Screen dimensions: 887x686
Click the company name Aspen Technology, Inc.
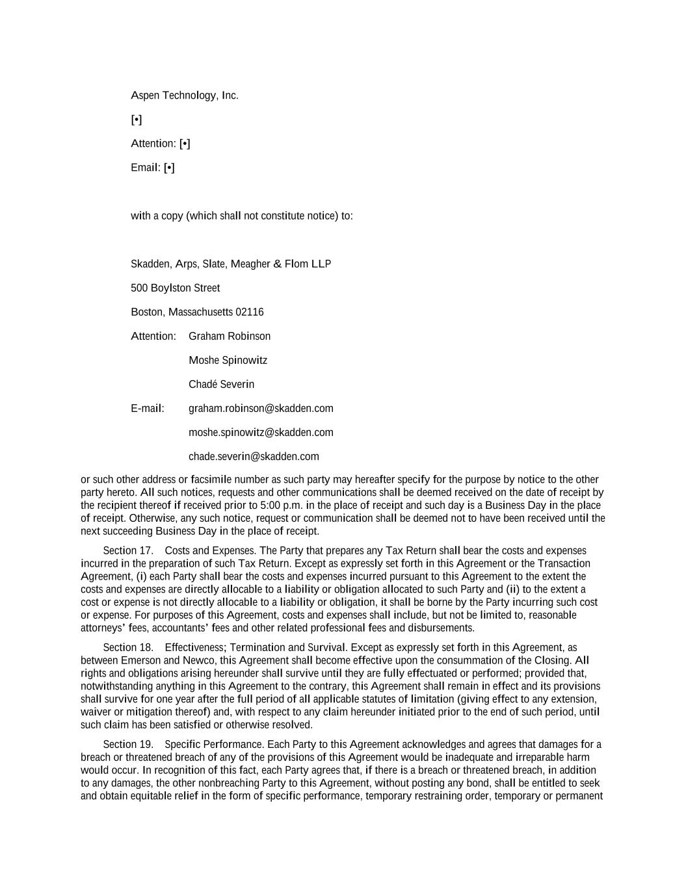[185, 96]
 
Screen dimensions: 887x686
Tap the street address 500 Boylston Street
[175, 288]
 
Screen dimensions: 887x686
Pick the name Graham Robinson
[230, 336]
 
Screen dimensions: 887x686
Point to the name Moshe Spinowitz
[228, 360]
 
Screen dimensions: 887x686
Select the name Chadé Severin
[221, 384]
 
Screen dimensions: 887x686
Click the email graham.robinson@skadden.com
[261, 408]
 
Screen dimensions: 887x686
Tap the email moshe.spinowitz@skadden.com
[261, 432]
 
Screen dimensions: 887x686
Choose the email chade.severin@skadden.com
[254, 456]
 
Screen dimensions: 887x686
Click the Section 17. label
[128, 550]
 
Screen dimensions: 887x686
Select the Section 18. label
[128, 647]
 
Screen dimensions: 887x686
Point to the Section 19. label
[128, 744]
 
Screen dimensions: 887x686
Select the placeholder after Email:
[169, 168]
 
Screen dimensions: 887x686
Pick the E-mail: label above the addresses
[148, 408]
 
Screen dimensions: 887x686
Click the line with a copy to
[242, 216]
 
